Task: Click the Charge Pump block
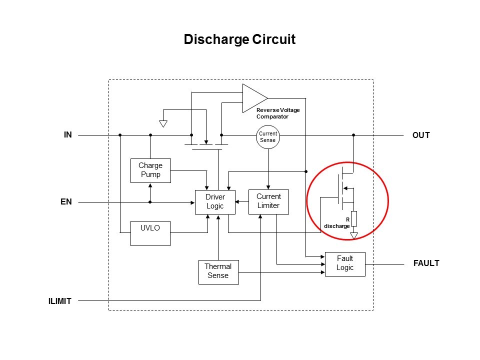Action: (150, 171)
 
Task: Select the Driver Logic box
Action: (215, 202)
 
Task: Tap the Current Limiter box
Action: (268, 201)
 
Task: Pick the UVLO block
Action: (150, 233)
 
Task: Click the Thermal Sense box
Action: (218, 272)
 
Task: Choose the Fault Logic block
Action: (345, 263)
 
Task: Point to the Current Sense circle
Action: (267, 137)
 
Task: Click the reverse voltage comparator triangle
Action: (253, 97)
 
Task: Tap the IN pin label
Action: (68, 134)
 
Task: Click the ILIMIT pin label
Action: (60, 301)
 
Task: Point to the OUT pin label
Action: (421, 135)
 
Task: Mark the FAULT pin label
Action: (426, 263)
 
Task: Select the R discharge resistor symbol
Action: (353, 218)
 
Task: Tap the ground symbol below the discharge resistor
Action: (354, 234)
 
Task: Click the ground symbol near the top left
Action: (163, 123)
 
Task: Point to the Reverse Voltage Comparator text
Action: (278, 112)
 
